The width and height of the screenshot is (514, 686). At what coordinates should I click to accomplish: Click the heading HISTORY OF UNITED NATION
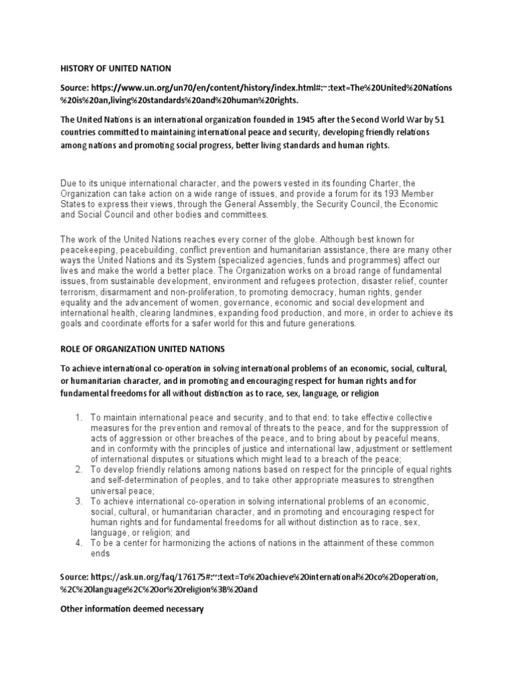tap(116, 68)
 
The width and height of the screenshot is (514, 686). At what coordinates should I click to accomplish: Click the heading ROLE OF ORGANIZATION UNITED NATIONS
tap(143, 349)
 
